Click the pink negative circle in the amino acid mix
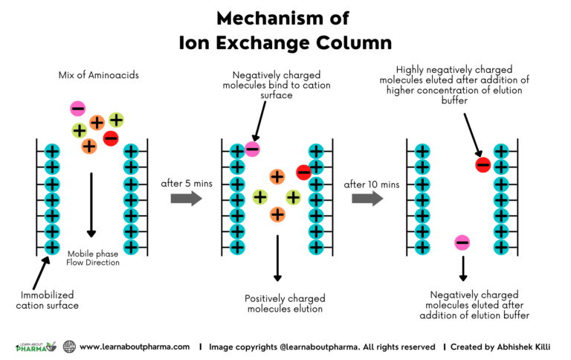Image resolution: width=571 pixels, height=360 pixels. click(77, 109)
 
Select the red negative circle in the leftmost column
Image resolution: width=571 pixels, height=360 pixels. click(111, 138)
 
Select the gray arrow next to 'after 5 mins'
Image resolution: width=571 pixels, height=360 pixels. click(185, 198)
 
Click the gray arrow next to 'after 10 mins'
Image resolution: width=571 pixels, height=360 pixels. click(367, 198)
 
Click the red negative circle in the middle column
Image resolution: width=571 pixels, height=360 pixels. click(303, 173)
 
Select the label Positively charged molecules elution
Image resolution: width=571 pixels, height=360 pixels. click(285, 303)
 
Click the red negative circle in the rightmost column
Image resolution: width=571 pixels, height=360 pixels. click(483, 164)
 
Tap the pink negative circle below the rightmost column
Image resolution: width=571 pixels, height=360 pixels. click(462, 242)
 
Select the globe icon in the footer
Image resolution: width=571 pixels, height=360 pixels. click(69, 347)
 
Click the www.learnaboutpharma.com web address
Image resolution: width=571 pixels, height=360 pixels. click(135, 347)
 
